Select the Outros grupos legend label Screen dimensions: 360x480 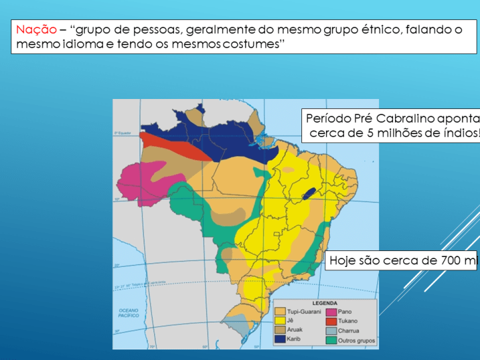tap(357, 340)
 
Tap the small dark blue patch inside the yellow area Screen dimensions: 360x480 tap(309, 194)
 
